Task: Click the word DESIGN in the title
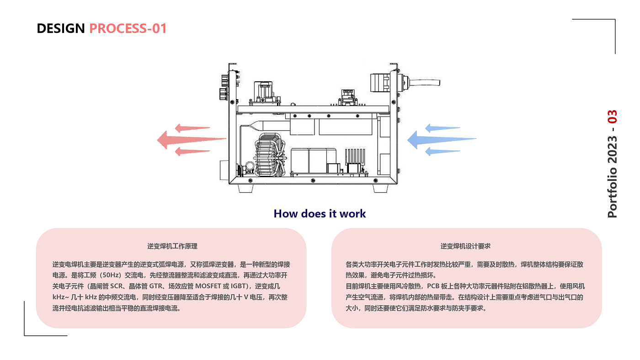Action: click(61, 29)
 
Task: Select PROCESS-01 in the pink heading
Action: click(128, 29)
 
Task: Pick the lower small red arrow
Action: click(192, 151)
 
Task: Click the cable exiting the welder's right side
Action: click(425, 83)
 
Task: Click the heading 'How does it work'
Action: click(320, 214)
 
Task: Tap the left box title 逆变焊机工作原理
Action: click(172, 246)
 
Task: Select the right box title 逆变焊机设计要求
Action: click(465, 246)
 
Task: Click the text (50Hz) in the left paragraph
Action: click(110, 275)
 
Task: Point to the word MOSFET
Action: click(209, 286)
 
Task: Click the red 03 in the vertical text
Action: click(613, 117)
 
